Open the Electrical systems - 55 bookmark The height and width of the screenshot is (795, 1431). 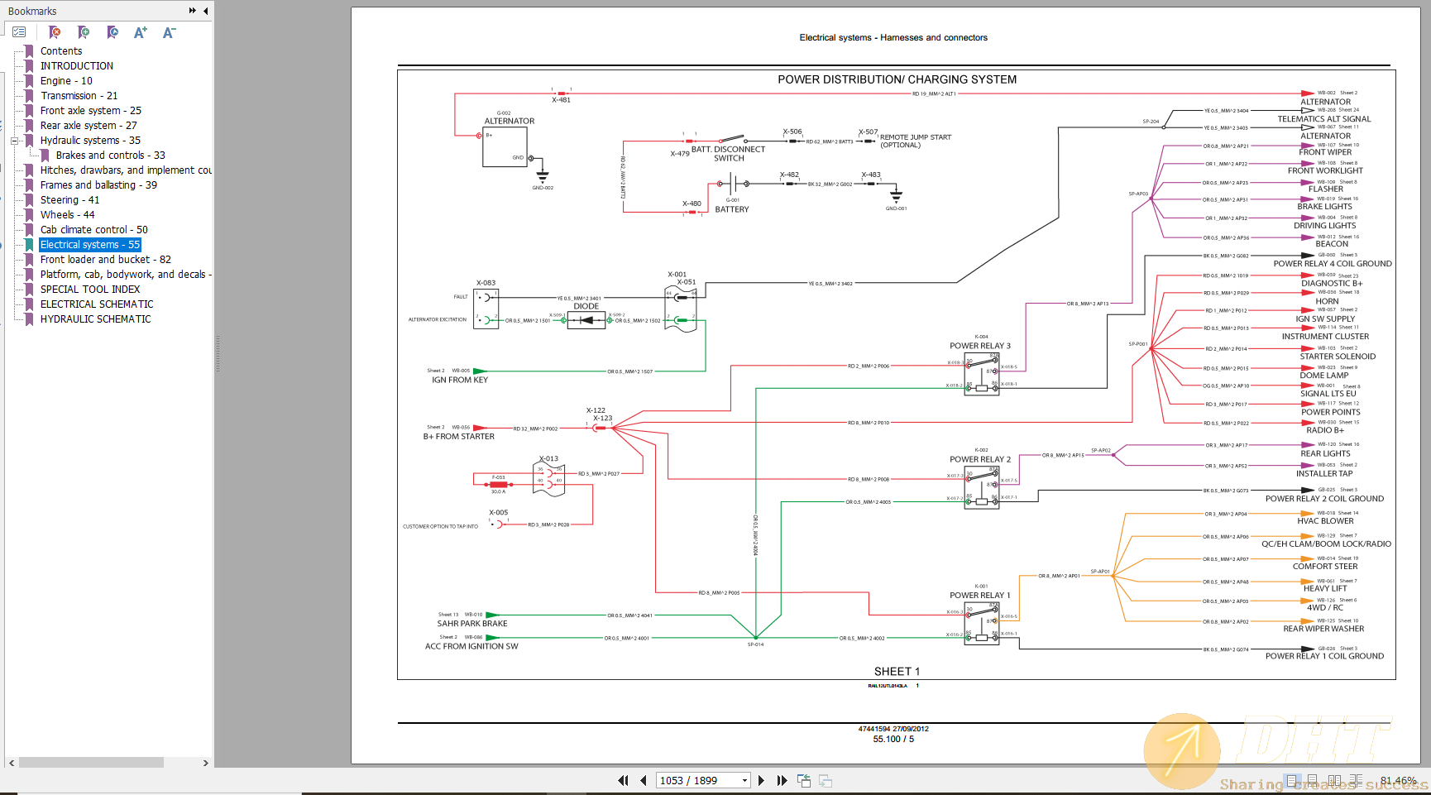point(90,245)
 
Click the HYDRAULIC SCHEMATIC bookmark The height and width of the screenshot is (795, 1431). point(95,319)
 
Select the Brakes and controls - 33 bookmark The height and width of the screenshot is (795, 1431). point(110,156)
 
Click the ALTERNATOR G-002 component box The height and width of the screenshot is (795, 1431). point(505,146)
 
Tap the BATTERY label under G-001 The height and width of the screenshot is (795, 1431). point(732,209)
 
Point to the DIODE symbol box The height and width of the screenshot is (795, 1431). point(586,320)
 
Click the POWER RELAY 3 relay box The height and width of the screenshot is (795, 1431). point(982,374)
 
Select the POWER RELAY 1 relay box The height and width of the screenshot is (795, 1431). point(982,624)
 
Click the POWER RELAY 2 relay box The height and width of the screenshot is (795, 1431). point(982,487)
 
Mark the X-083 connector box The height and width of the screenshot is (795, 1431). point(486,309)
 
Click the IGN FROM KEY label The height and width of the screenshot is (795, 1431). point(460,381)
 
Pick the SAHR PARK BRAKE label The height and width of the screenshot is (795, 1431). point(472,624)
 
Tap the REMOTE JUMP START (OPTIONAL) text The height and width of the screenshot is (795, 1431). point(915,141)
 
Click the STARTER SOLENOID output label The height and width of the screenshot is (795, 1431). point(1326,357)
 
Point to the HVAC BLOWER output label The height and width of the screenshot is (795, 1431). point(1325,521)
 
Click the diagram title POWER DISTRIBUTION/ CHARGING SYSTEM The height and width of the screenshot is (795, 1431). point(897,79)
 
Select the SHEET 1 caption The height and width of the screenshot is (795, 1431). point(897,672)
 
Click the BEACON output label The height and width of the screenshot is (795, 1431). point(1332,244)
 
